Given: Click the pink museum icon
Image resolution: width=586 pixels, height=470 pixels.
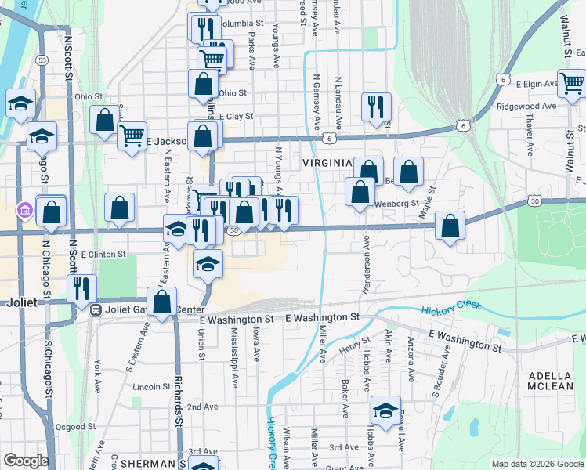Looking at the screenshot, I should (24, 210).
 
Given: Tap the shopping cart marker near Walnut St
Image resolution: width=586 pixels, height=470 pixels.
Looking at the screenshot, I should (572, 81).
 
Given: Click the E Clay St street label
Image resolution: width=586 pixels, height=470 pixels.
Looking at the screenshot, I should (236, 116).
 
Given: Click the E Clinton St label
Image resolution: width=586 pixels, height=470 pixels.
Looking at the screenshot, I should (103, 255).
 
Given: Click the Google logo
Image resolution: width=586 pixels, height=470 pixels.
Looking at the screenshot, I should (26, 461).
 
